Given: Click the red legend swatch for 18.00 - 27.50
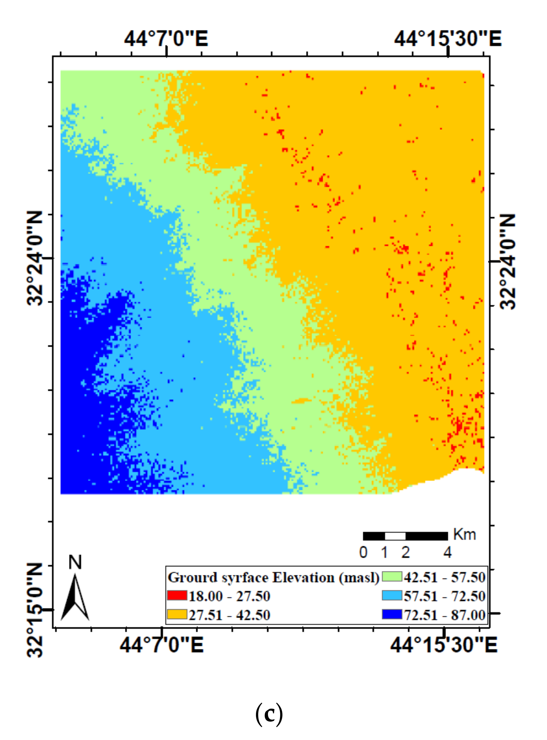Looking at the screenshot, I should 177,596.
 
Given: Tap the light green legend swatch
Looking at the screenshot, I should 392,577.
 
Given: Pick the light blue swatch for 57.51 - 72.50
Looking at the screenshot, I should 392,595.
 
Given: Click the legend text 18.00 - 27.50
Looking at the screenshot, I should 229,596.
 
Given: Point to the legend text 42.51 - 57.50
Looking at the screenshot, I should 444,577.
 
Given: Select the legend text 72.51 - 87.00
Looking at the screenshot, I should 444,615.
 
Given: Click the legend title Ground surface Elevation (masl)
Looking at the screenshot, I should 273,577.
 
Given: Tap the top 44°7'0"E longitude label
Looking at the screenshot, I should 166,39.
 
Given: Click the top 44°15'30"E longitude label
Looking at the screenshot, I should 448,39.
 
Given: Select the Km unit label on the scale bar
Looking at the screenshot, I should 465,534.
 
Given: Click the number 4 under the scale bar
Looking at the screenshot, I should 447,552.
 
